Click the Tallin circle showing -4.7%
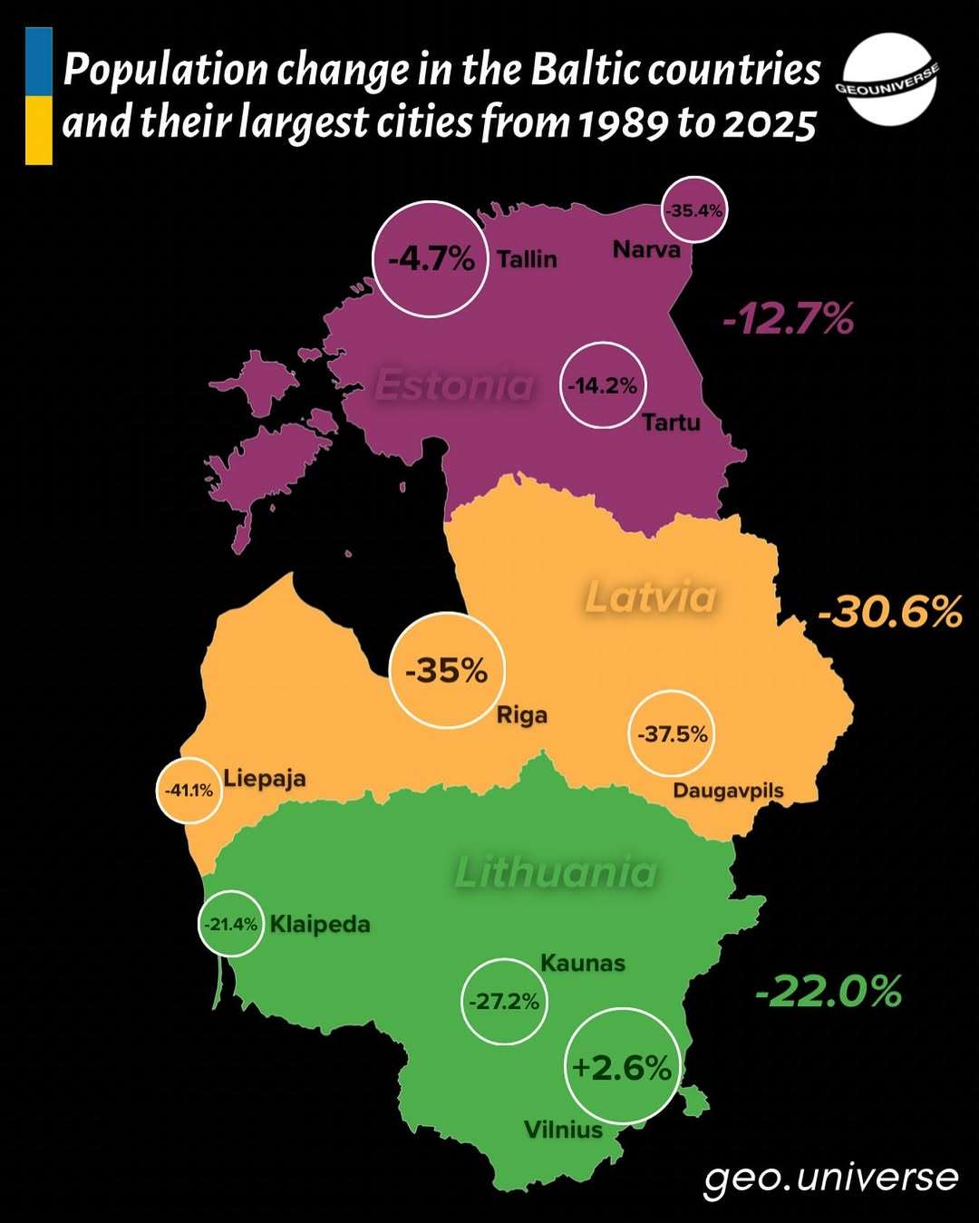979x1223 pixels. pyautogui.click(x=431, y=259)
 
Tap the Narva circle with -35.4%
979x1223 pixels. pyautogui.click(x=694, y=210)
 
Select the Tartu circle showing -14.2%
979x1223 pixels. pyautogui.click(x=603, y=385)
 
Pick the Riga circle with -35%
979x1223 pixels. pyautogui.click(x=446, y=671)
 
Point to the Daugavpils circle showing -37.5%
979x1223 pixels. pyautogui.click(x=672, y=733)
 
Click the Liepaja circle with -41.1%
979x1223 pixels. pyautogui.click(x=189, y=790)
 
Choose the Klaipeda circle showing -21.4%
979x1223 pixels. pyautogui.click(x=231, y=924)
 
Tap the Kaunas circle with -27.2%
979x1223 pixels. pyautogui.click(x=504, y=1001)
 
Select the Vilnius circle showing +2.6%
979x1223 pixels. pyautogui.click(x=623, y=1066)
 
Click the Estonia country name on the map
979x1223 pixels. pyautogui.click(x=454, y=385)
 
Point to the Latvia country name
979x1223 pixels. pyautogui.click(x=651, y=597)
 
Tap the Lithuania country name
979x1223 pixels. pyautogui.click(x=556, y=872)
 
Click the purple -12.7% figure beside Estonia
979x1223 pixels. pyautogui.click(x=788, y=319)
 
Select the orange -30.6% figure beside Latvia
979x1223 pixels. pyautogui.click(x=889, y=612)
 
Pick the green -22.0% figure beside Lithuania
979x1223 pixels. pyautogui.click(x=829, y=991)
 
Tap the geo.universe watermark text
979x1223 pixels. pyautogui.click(x=830, y=1177)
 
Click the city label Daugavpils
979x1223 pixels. pyautogui.click(x=728, y=791)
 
